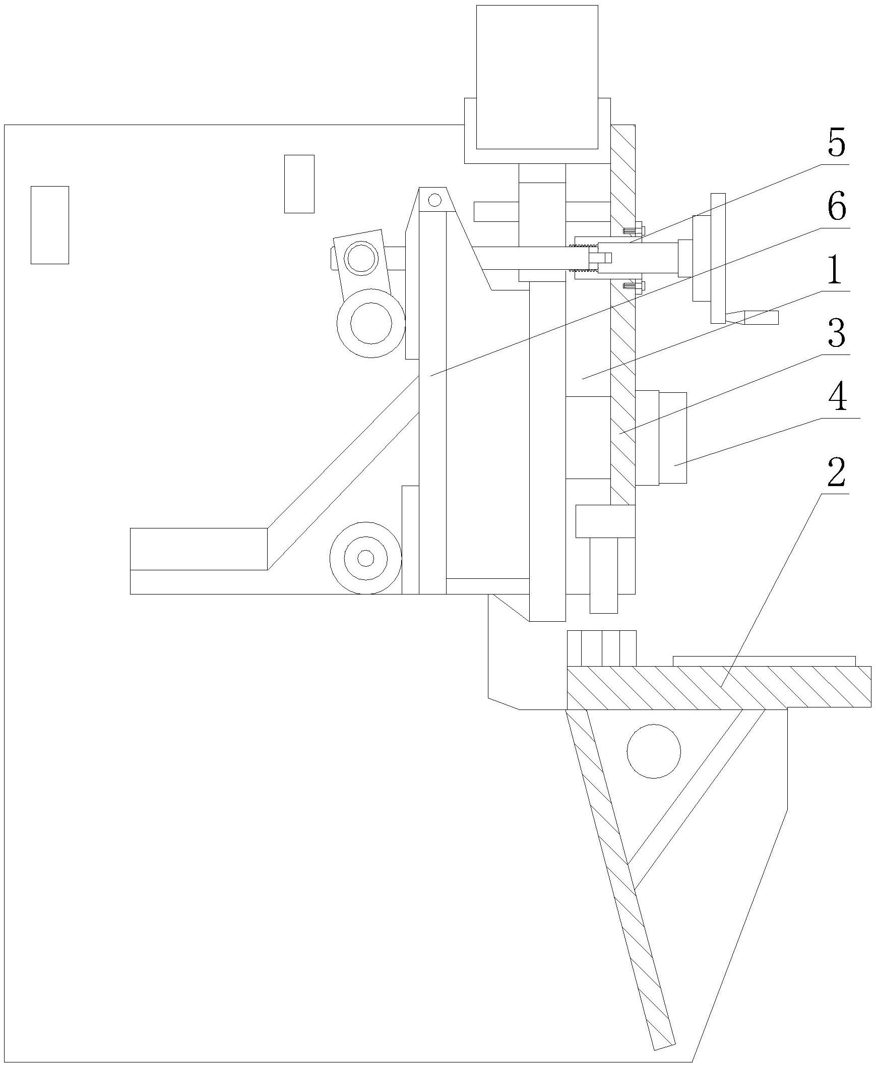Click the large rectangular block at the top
[x=537, y=77]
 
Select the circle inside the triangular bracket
[x=653, y=751]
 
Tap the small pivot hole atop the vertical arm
[x=434, y=200]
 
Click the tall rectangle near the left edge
[x=49, y=224]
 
